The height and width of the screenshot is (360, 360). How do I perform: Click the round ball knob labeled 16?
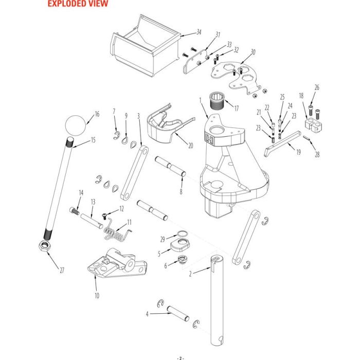click(x=76, y=125)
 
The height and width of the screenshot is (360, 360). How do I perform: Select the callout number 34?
click(x=199, y=32)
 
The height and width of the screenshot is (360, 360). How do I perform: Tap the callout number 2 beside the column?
click(x=190, y=274)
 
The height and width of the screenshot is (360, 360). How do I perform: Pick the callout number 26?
click(x=317, y=88)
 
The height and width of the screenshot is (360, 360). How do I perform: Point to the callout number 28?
click(x=317, y=154)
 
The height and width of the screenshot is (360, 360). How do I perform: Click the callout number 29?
click(x=163, y=240)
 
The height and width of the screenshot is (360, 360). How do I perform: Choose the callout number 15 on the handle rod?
click(x=94, y=140)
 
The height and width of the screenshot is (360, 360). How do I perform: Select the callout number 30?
click(x=253, y=52)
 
